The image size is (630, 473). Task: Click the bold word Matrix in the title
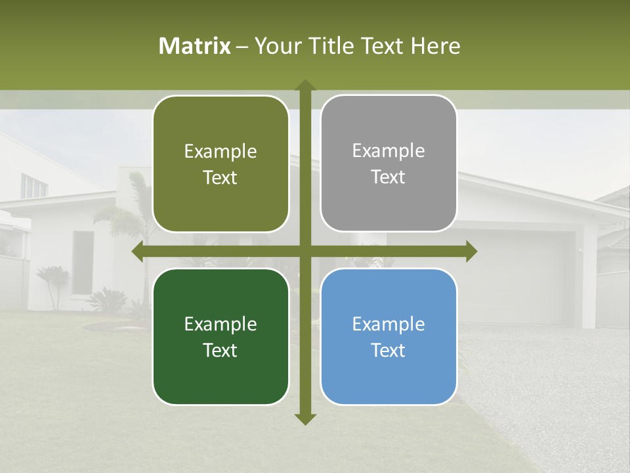(x=195, y=46)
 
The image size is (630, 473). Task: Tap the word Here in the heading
(x=435, y=46)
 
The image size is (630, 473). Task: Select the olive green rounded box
(x=220, y=164)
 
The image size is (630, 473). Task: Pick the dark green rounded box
(x=220, y=336)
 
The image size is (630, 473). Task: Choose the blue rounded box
(x=388, y=336)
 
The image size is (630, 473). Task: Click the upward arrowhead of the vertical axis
(x=304, y=86)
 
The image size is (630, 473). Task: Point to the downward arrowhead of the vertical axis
(x=304, y=418)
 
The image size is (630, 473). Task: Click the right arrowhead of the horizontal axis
(x=471, y=252)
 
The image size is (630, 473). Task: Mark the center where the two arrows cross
(x=304, y=252)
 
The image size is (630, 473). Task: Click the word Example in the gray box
(x=388, y=150)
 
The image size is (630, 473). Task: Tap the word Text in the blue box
(x=388, y=350)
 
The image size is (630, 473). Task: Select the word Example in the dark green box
(x=220, y=324)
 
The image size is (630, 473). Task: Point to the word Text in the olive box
(x=220, y=177)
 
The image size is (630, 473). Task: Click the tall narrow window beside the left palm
(x=83, y=263)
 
